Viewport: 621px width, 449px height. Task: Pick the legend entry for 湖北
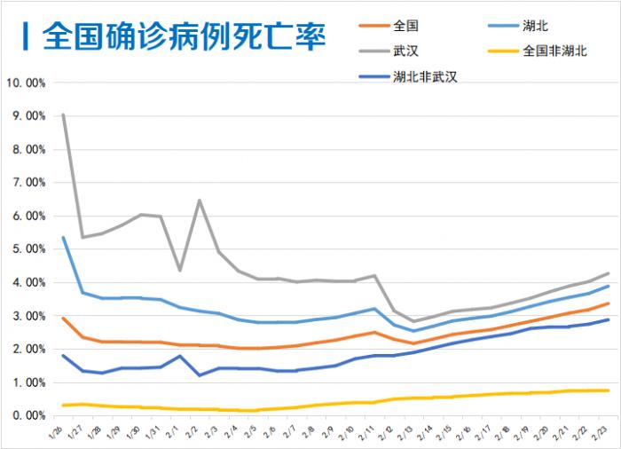(537, 26)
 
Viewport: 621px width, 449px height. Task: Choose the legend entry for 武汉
(405, 51)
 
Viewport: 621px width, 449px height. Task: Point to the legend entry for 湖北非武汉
(424, 77)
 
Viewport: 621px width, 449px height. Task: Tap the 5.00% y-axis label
(28, 249)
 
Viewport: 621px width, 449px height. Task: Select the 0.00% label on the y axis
(28, 415)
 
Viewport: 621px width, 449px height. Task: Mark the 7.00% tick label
(28, 183)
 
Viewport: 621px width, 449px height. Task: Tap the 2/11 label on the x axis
(367, 432)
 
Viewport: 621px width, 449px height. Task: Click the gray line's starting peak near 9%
(62, 114)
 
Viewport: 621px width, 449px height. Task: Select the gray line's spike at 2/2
(200, 201)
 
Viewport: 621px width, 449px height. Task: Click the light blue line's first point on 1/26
(62, 237)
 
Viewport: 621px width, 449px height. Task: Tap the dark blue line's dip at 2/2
(200, 375)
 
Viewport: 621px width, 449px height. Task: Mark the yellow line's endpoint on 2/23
(608, 390)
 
